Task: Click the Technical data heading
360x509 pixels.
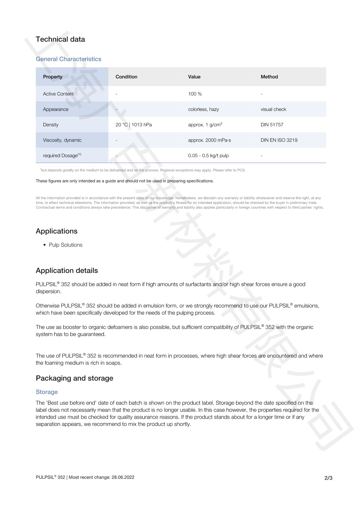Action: point(60,39)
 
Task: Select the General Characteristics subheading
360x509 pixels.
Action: point(69,59)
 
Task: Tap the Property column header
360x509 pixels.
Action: point(53,77)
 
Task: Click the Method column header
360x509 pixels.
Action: point(269,77)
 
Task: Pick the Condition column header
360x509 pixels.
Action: point(126,77)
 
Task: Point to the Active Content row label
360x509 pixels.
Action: point(58,94)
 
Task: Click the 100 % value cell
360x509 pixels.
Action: point(195,94)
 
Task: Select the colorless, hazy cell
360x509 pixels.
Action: point(204,109)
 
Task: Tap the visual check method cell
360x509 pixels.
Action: point(273,109)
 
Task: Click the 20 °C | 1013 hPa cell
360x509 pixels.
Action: point(134,125)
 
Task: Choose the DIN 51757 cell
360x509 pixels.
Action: point(272,125)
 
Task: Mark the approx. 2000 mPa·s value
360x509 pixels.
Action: point(209,140)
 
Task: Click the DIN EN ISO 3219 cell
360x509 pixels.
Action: point(279,140)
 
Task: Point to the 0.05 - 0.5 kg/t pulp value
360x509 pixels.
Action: point(208,155)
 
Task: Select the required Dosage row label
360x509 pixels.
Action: point(62,155)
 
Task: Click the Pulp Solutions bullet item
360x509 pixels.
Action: point(66,245)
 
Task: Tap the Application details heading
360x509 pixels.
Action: point(67,270)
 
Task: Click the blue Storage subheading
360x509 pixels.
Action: point(47,392)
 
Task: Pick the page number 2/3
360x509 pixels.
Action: point(328,478)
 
